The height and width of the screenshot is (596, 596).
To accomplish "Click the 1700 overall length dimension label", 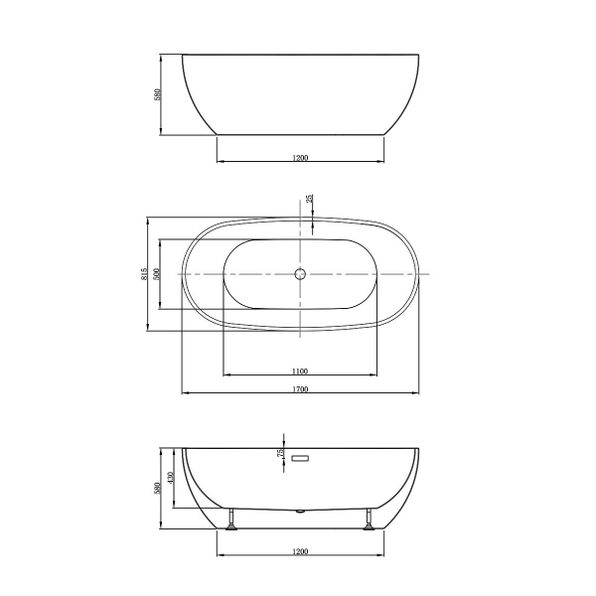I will tap(300, 388).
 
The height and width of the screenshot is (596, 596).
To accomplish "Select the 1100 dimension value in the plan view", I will tap(300, 370).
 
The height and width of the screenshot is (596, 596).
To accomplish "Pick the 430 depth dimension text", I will tap(171, 478).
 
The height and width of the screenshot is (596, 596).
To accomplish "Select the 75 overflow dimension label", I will tap(281, 453).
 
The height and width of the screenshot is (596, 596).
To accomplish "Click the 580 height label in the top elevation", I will tap(158, 94).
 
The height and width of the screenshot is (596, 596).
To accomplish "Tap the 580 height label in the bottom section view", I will tap(158, 490).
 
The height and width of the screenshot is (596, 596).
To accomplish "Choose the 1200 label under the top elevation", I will tap(300, 157).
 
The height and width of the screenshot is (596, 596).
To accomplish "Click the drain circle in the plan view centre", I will tap(299, 273).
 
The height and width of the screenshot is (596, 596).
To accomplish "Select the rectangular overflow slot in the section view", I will tap(301, 458).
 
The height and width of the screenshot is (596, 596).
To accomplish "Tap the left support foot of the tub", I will tap(230, 521).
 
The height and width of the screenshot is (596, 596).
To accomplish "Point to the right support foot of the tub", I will tap(370, 521).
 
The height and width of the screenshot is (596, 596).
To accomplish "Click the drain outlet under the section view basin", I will tap(300, 512).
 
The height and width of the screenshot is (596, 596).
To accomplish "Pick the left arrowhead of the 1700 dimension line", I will tap(185, 393).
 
